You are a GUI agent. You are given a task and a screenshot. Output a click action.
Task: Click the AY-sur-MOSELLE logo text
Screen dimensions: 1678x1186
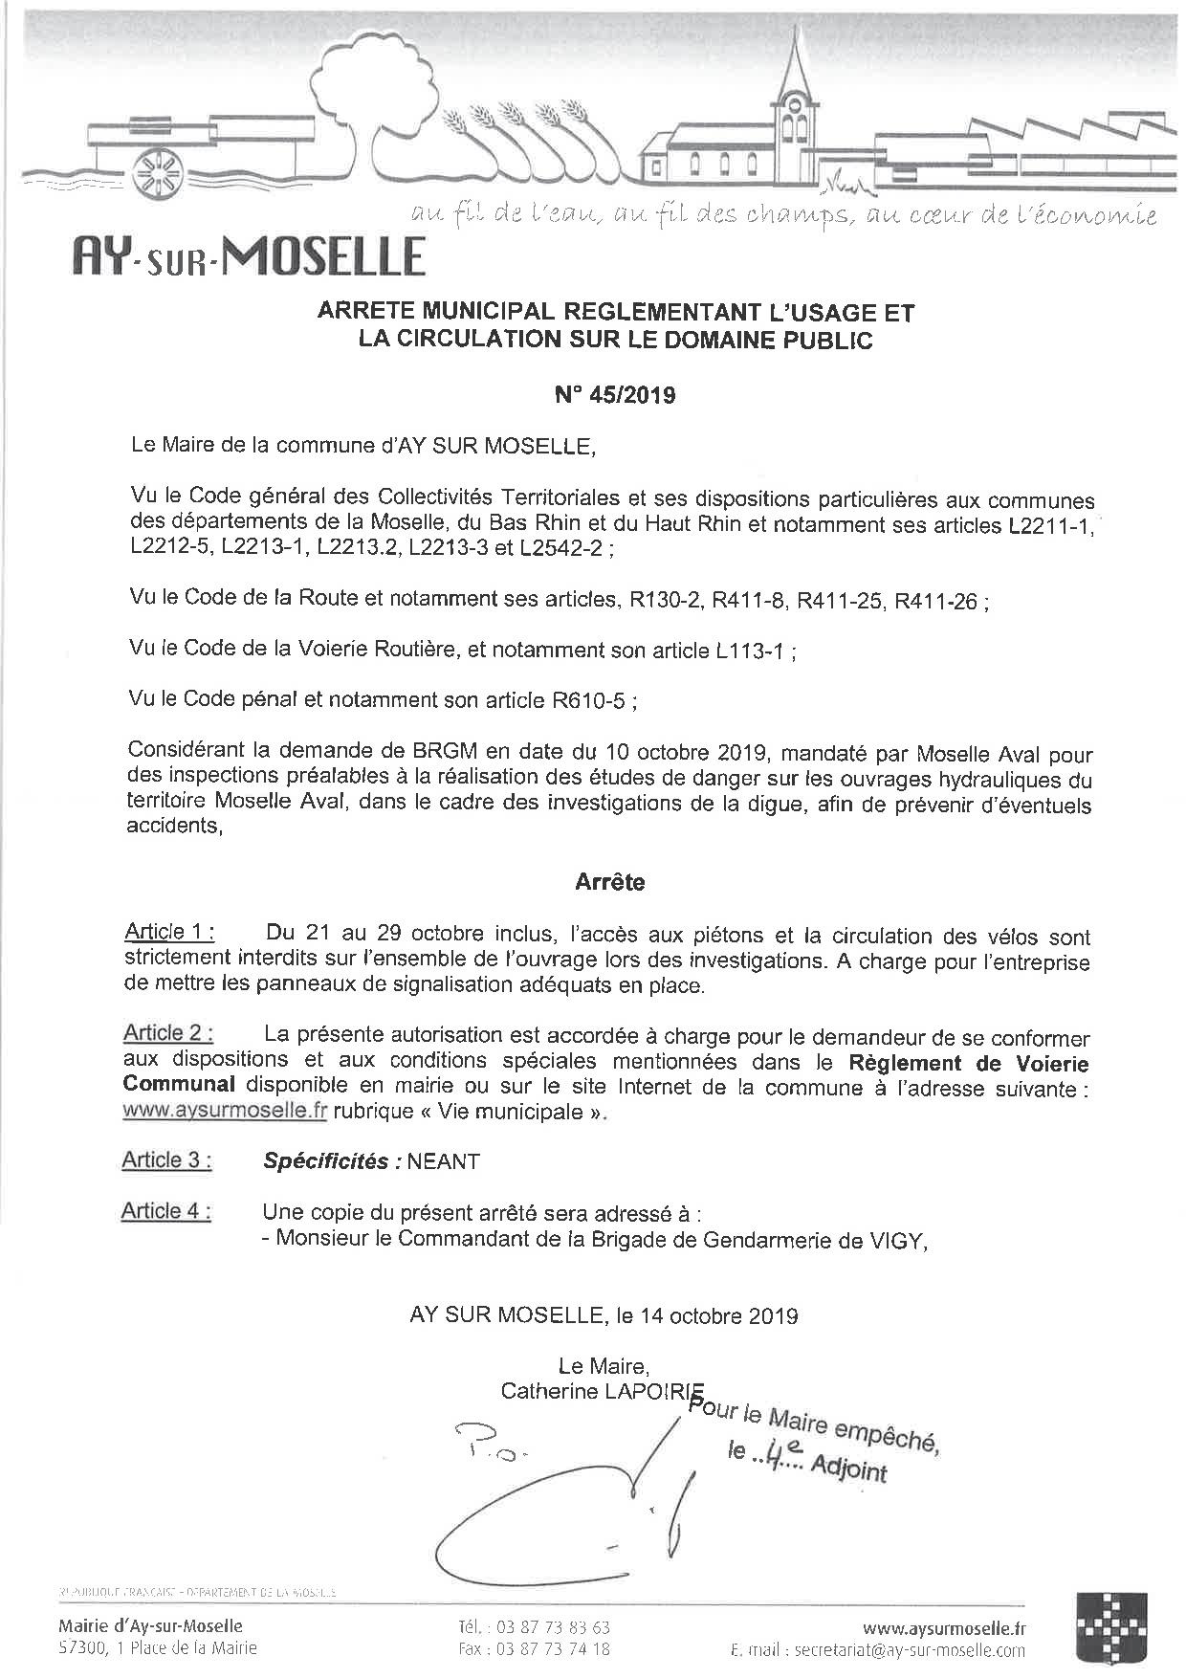pyautogui.click(x=249, y=256)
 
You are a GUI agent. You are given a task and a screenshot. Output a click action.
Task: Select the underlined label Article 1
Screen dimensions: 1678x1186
pyautogui.click(x=169, y=933)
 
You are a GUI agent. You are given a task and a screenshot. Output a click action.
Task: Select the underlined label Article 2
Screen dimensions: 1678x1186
pyautogui.click(x=168, y=1033)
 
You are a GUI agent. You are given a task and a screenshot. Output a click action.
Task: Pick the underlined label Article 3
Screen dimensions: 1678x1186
pyautogui.click(x=166, y=1160)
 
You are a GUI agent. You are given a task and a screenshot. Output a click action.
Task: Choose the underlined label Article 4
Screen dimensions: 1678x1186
pyautogui.click(x=166, y=1211)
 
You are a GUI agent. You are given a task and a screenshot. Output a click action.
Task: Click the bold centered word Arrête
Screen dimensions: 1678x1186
pyautogui.click(x=609, y=883)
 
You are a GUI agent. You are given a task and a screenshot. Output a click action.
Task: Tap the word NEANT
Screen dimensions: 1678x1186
pyautogui.click(x=443, y=1161)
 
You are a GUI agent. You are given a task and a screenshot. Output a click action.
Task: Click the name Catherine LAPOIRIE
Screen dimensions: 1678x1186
pyautogui.click(x=602, y=1392)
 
